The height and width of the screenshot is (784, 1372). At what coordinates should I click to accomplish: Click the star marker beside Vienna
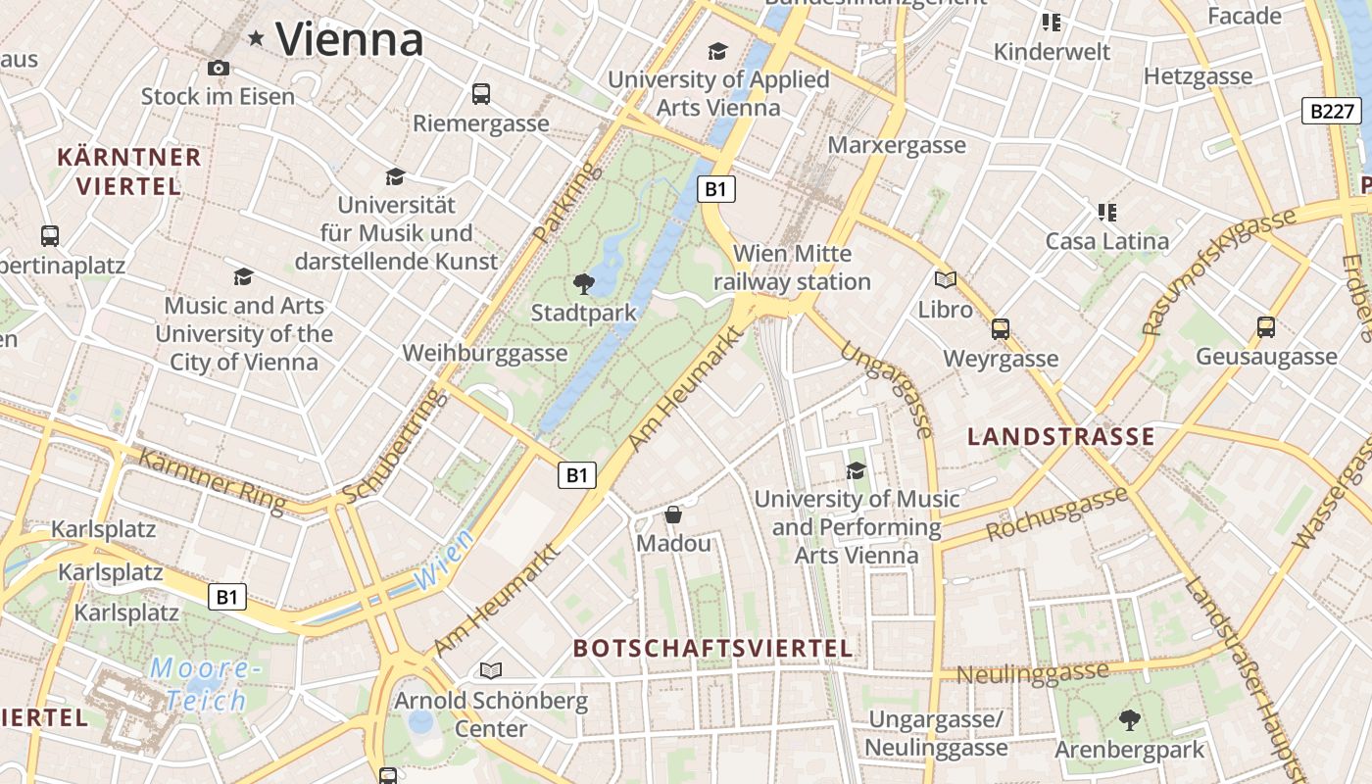257,38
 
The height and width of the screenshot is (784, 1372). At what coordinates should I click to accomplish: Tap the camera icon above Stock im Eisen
218,68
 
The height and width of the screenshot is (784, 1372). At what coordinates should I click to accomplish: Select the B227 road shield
1332,111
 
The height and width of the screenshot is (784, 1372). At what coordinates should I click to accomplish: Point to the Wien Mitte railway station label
791,268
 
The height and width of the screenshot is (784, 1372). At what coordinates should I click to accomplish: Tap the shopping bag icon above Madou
673,514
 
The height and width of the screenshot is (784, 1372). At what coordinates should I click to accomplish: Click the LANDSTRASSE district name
1060,437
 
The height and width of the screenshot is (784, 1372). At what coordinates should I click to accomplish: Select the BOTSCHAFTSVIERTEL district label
712,648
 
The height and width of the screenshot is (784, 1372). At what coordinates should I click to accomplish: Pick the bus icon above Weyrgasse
1000,329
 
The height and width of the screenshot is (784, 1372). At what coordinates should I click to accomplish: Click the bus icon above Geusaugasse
1265,326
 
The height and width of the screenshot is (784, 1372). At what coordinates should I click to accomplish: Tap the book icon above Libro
945,280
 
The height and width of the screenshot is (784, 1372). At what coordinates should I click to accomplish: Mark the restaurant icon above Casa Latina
1106,212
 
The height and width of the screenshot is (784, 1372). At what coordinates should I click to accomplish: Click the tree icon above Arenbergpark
1129,720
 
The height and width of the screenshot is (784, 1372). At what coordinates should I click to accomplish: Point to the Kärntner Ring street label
212,480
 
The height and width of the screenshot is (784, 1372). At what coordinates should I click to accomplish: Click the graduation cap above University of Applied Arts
718,51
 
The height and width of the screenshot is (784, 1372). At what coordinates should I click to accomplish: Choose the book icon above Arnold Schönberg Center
490,671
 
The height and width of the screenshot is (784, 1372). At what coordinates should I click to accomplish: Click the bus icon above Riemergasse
480,94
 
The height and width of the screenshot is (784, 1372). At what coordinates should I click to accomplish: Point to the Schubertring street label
392,446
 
